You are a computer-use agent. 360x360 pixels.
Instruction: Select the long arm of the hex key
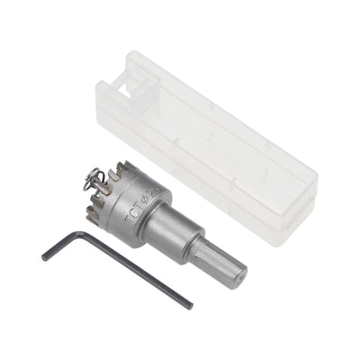click(135, 270)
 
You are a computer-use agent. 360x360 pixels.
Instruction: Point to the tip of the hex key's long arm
click(191, 306)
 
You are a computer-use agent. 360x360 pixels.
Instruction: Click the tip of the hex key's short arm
click(43, 257)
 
